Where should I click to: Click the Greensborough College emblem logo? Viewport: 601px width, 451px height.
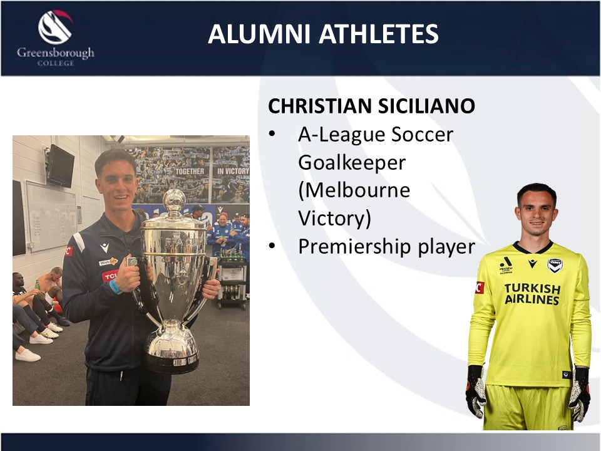click(55, 27)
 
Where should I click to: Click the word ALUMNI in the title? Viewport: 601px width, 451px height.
click(259, 34)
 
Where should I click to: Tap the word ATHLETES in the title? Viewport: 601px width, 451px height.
click(379, 34)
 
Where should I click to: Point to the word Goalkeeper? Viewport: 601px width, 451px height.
click(352, 163)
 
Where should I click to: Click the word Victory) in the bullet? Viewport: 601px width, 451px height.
click(334, 218)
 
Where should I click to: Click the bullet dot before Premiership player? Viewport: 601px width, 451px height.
click(272, 246)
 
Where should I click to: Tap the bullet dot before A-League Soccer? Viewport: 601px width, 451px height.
click(272, 134)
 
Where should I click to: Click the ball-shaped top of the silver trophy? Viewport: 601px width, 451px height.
click(174, 200)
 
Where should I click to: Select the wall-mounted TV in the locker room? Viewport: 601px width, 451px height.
click(60, 165)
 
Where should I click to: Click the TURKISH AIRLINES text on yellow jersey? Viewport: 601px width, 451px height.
click(532, 294)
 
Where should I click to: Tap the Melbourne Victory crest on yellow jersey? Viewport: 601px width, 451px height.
click(555, 266)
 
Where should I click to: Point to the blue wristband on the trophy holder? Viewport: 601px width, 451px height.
click(115, 286)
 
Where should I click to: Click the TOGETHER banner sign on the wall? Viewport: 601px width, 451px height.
click(190, 172)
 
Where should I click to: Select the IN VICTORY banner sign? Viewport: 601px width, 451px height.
click(233, 171)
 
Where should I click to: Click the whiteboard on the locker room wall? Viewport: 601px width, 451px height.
click(52, 216)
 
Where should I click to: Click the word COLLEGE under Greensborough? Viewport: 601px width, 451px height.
click(56, 63)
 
